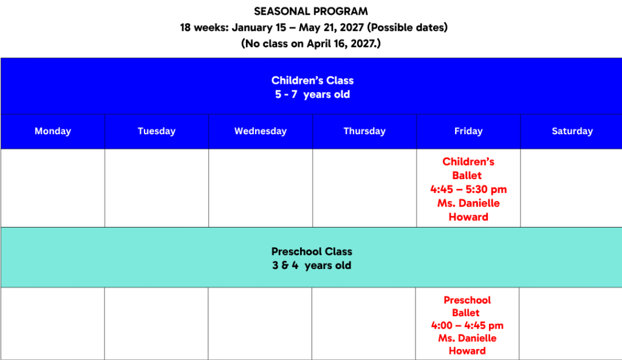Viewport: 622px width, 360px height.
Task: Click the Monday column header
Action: point(53,131)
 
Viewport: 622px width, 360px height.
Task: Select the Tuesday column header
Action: point(157,131)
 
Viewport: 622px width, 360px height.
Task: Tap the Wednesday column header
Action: point(261,131)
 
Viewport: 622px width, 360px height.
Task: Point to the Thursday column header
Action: point(364,131)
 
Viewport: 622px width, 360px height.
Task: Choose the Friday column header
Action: point(468,131)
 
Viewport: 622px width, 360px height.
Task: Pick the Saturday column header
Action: point(572,131)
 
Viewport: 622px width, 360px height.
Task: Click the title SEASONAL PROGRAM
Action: point(311,12)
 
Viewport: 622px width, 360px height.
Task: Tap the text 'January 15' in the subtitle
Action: point(259,27)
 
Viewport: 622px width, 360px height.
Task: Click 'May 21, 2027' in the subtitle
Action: point(331,27)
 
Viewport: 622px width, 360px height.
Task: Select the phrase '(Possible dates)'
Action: point(408,27)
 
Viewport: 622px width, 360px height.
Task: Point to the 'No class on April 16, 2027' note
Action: point(311,43)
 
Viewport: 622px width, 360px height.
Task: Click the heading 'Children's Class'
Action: point(313,81)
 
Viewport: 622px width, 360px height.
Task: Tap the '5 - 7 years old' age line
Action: point(313,94)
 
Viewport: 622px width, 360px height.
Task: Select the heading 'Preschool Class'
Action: point(312,251)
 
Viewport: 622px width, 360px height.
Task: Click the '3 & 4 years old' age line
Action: point(312,265)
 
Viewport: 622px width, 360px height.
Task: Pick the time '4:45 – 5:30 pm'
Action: point(468,189)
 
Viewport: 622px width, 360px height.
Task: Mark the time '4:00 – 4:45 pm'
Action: point(467,325)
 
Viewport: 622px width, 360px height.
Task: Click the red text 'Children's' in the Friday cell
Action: point(468,161)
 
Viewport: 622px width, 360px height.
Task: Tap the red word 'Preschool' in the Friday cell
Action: point(467,300)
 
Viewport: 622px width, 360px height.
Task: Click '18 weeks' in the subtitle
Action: point(204,27)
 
